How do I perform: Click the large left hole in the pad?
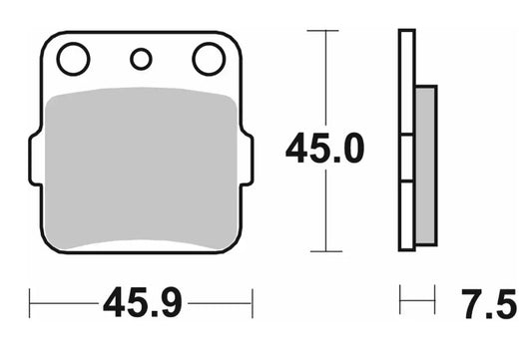point(73,61)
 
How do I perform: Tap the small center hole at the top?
point(141,60)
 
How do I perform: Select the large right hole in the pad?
point(209,60)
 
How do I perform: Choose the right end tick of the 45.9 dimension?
point(253,300)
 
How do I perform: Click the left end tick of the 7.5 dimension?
point(400,299)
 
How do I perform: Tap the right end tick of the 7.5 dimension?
point(436,299)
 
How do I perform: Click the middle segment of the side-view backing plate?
point(406,160)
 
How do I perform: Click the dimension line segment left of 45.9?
point(65,300)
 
